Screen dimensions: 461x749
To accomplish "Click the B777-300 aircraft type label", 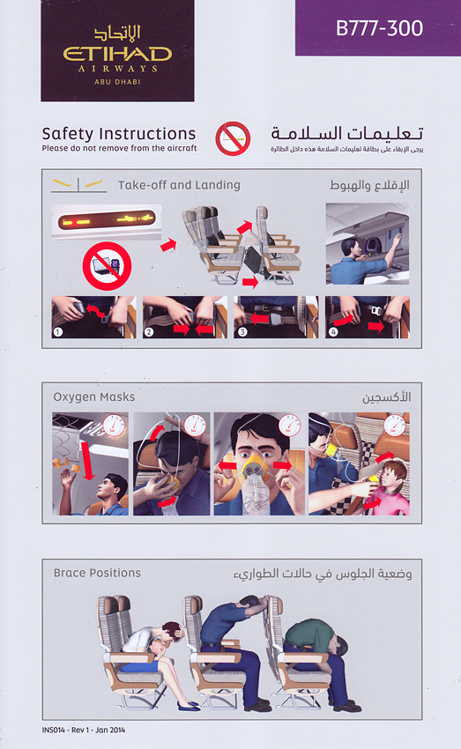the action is pyautogui.click(x=379, y=28).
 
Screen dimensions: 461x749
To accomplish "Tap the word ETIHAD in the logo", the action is pyautogui.click(x=117, y=54).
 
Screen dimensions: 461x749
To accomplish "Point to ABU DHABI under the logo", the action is pyautogui.click(x=117, y=82).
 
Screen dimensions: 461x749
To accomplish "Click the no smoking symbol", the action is pyautogui.click(x=233, y=138).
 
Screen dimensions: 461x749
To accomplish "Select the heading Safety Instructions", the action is pyautogui.click(x=119, y=133).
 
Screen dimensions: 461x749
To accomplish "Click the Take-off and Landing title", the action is pyautogui.click(x=179, y=185).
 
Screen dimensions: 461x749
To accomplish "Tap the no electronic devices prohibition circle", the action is pyautogui.click(x=107, y=266).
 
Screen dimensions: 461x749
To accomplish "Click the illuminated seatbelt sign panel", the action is pyautogui.click(x=107, y=220).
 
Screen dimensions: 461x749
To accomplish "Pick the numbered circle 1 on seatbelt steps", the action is pyautogui.click(x=58, y=331).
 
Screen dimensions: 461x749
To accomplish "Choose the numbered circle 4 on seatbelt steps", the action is pyautogui.click(x=333, y=331).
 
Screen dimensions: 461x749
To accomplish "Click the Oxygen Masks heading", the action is pyautogui.click(x=94, y=397).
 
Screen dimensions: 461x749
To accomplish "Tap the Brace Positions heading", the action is pyautogui.click(x=97, y=573).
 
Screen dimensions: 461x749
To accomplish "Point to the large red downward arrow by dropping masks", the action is pyautogui.click(x=87, y=461).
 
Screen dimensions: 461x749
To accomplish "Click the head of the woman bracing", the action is pyautogui.click(x=172, y=633).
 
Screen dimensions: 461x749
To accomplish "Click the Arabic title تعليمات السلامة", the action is pyautogui.click(x=347, y=133).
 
